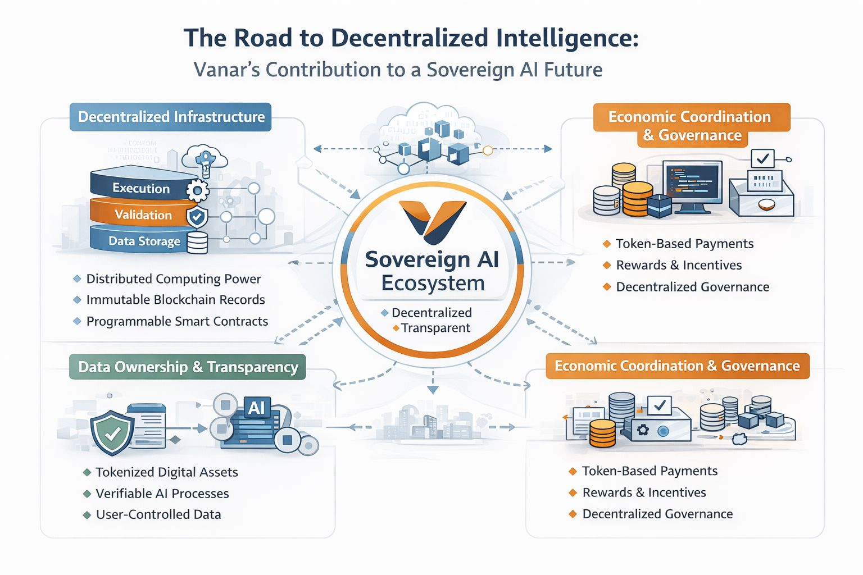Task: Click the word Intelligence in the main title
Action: [567, 38]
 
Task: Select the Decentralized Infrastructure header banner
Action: [171, 117]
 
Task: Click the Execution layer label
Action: [141, 188]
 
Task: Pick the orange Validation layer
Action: [143, 215]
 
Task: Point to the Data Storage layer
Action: [144, 241]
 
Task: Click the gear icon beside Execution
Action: [197, 190]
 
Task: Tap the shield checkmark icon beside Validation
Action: [197, 217]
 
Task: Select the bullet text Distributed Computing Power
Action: [174, 279]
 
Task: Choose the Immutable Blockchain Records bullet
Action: [175, 300]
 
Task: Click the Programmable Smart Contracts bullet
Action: [177, 321]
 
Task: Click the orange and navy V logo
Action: [432, 221]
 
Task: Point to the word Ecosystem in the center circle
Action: [433, 283]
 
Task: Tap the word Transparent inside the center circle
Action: [435, 328]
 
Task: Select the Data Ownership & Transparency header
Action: [188, 367]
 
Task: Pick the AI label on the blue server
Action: [256, 408]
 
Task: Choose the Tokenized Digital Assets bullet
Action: [167, 472]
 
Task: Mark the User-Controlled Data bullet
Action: [158, 514]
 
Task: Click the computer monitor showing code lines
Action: [692, 183]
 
